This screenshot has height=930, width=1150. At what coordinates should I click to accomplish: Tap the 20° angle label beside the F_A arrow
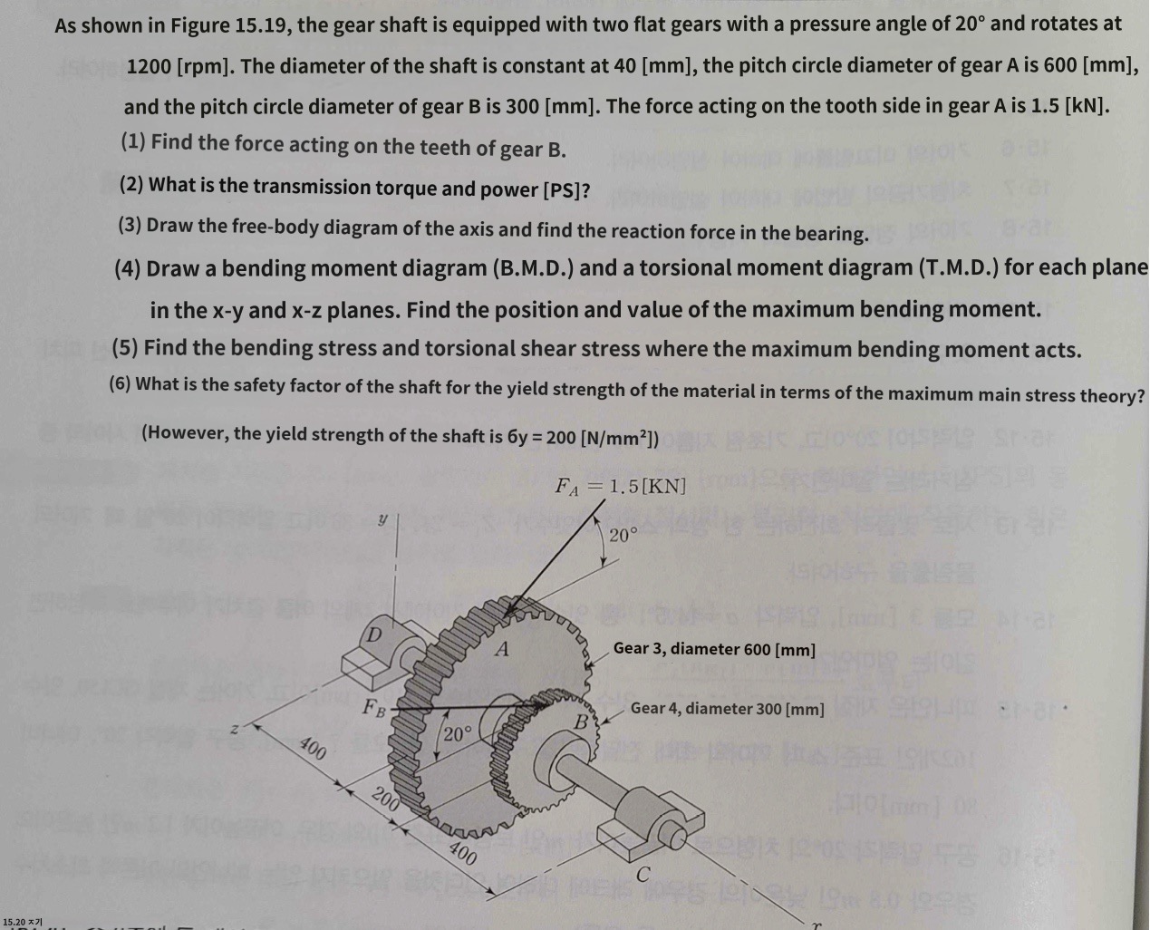tap(623, 536)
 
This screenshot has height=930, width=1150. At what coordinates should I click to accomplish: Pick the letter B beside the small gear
tap(582, 722)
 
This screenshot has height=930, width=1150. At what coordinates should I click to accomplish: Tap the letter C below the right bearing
tap(643, 875)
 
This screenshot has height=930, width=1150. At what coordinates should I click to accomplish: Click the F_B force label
tap(373, 707)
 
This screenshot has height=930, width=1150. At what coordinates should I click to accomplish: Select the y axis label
tap(382, 518)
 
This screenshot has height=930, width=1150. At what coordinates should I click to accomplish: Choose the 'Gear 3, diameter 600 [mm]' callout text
tap(714, 649)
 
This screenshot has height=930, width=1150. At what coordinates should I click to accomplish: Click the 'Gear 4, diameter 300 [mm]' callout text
tap(727, 709)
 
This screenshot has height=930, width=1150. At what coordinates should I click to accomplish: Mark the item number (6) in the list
tap(121, 383)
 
